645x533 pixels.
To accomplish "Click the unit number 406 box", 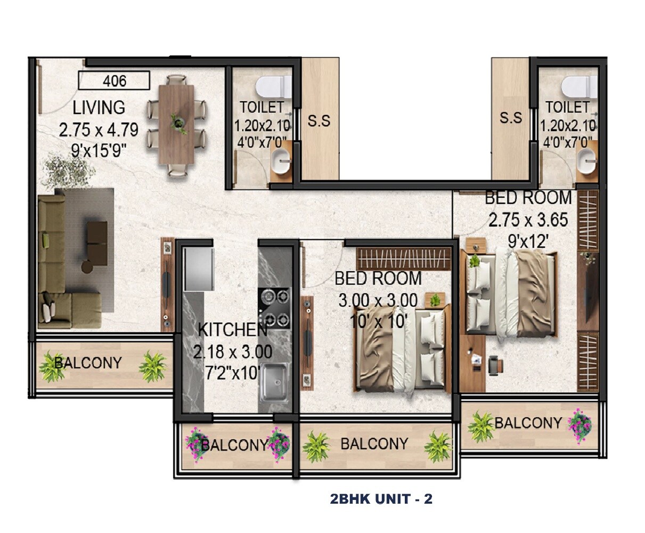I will coord(114,80).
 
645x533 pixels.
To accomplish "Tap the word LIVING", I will coord(99,107).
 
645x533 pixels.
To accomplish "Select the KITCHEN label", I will coord(232,330).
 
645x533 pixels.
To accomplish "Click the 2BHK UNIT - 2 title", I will coord(381,499).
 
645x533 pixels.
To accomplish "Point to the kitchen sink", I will coord(274,381).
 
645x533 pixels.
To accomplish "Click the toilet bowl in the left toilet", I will coord(273,85).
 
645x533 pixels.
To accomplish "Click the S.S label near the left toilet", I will coord(319,121).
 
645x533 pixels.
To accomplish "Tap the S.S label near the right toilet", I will coord(510,118).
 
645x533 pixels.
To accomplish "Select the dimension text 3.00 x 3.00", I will coord(378,300).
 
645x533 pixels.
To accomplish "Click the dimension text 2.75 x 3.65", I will coord(528,220).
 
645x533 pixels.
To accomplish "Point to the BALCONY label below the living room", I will coord(88,363).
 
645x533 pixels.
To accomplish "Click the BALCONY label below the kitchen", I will coord(234,445).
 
